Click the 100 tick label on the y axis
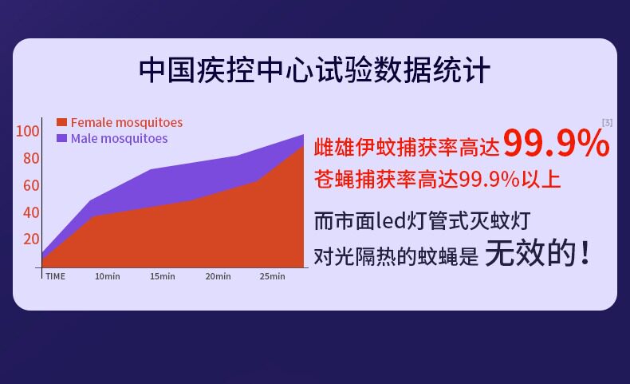pos(27,131)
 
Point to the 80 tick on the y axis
pos(31,158)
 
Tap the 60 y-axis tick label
pos(31,185)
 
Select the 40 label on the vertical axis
pos(31,212)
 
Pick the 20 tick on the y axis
pos(31,239)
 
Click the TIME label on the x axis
pos(56,276)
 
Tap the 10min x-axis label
pos(108,276)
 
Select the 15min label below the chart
pos(163,276)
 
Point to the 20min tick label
pos(218,276)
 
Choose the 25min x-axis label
pos(273,276)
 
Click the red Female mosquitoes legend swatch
pos(61,122)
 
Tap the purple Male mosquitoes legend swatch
pos(61,138)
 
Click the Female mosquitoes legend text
pos(127,123)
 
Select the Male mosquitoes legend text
pos(120,139)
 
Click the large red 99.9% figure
pos(557,143)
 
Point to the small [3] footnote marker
pos(607,123)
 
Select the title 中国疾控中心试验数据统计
pos(314,70)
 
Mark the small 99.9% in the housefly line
pos(490,179)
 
